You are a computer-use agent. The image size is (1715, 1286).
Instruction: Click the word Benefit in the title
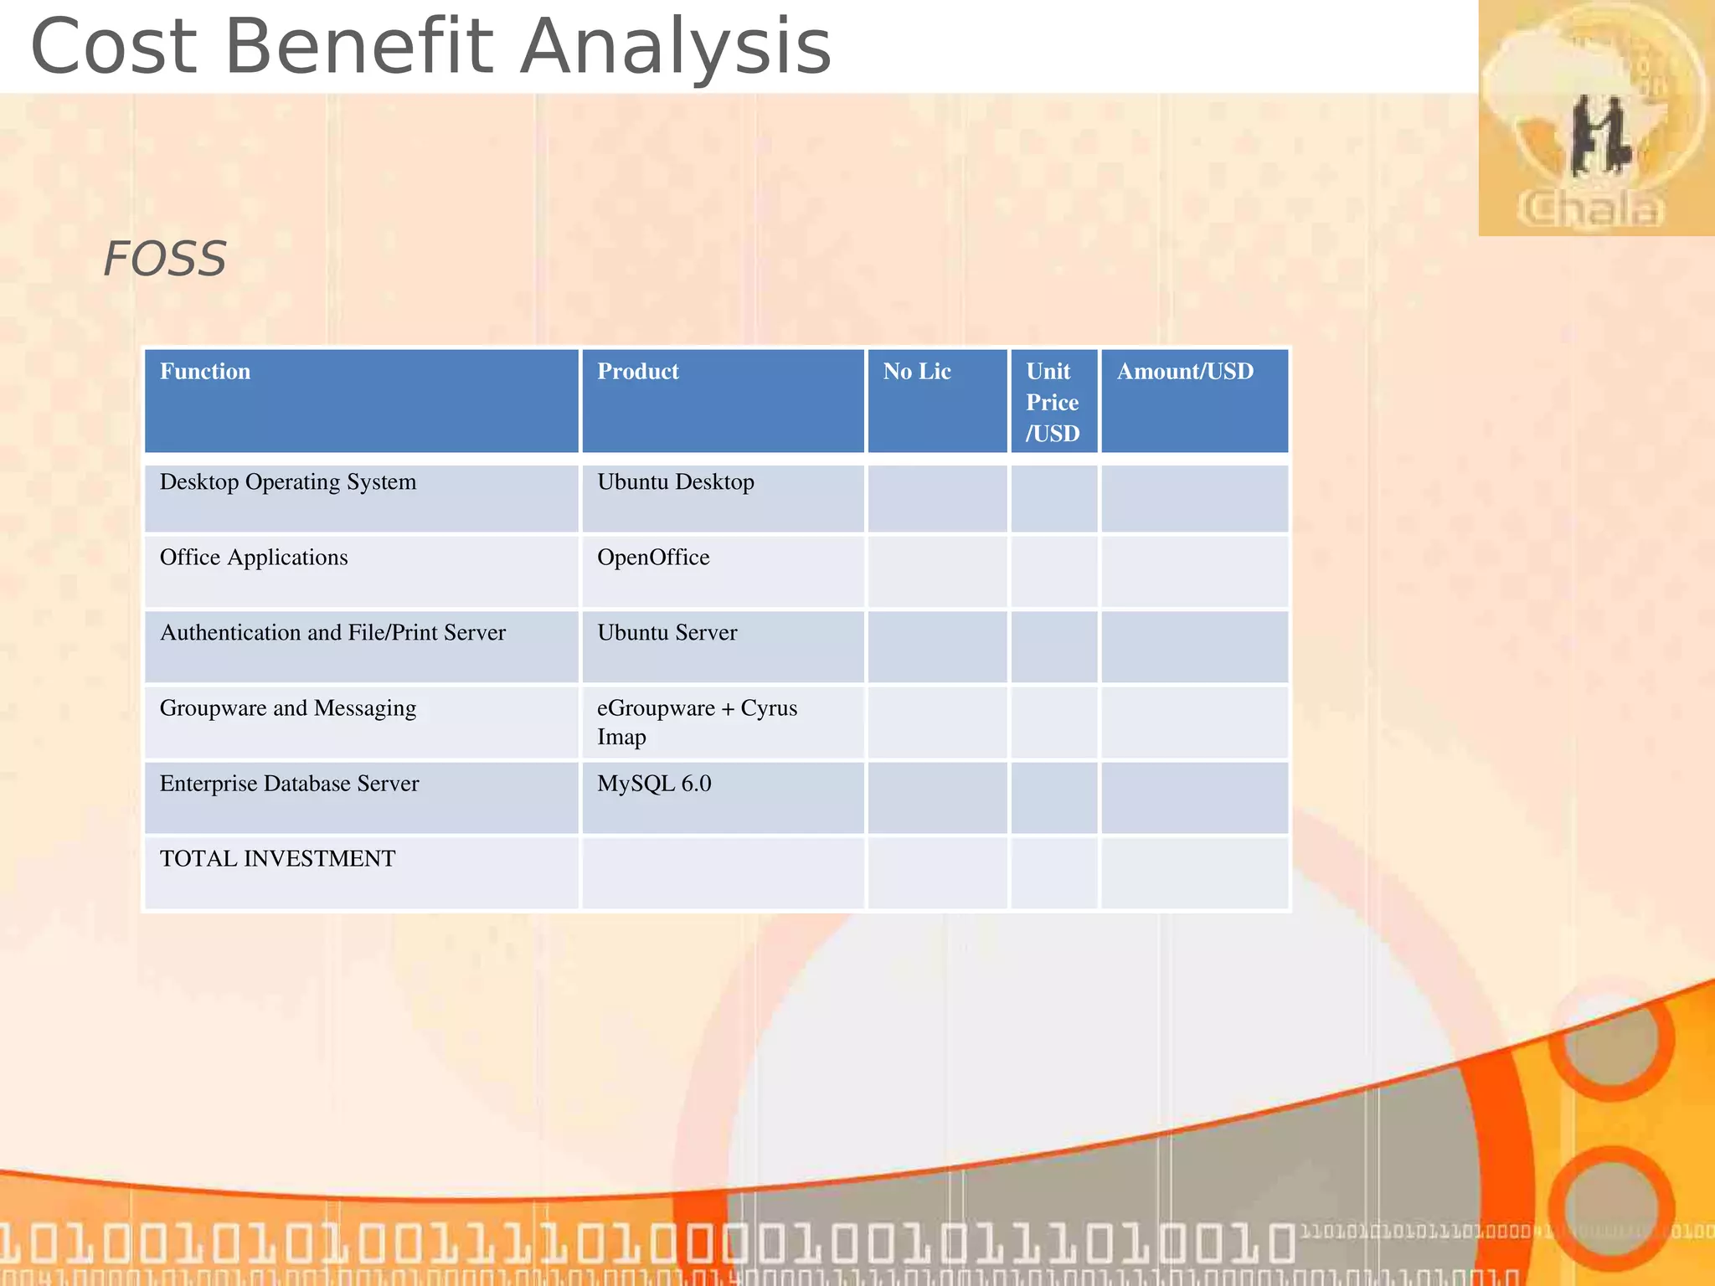(360, 47)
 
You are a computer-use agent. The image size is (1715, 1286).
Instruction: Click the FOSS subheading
(164, 259)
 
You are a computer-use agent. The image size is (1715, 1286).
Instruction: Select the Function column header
(205, 372)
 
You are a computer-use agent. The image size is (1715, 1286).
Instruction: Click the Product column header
(637, 372)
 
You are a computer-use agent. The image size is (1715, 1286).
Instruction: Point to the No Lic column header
(917, 372)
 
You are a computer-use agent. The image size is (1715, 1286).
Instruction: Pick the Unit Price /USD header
(1053, 403)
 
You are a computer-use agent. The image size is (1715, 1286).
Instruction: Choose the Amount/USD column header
(1185, 372)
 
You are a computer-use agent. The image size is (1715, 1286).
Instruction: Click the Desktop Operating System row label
(287, 482)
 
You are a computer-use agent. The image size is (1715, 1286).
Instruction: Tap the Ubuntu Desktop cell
(675, 482)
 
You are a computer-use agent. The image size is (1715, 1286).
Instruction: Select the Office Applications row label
(254, 558)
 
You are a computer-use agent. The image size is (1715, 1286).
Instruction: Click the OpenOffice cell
(653, 558)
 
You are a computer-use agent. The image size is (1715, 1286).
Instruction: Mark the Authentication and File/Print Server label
(332, 633)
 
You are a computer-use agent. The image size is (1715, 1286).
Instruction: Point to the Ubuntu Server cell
(667, 633)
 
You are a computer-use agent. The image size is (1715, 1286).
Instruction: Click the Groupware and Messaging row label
(287, 708)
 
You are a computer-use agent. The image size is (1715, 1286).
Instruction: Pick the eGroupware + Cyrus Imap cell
(696, 722)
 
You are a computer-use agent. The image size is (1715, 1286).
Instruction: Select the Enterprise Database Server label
(289, 784)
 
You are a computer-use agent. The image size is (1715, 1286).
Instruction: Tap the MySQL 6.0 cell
(654, 784)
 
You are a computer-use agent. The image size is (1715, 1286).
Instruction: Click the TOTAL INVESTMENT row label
(277, 859)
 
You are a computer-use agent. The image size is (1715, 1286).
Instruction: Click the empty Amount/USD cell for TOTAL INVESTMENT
(1194, 873)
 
